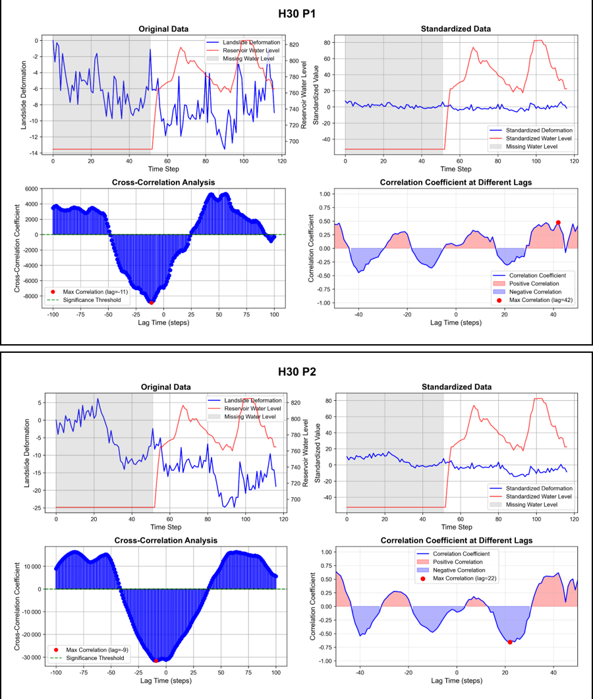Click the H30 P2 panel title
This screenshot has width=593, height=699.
tap(296, 371)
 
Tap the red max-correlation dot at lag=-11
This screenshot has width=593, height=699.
tap(152, 302)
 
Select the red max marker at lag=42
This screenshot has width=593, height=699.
tap(558, 223)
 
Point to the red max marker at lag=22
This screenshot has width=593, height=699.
tap(510, 642)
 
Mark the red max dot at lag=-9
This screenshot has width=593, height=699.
tap(156, 660)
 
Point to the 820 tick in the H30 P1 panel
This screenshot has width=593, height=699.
tap(295, 45)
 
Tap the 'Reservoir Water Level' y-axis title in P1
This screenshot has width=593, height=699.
tap(304, 92)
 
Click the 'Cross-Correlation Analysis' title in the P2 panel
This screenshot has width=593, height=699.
tap(165, 541)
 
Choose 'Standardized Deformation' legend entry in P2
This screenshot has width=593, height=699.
tap(537, 489)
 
